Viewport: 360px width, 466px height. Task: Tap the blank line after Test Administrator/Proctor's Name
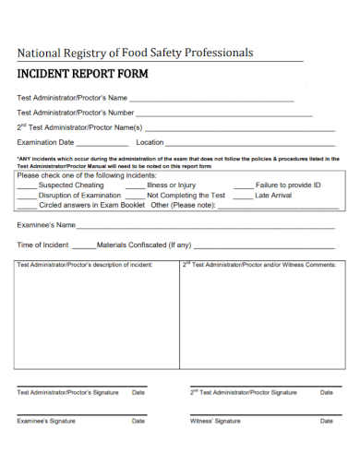(211, 98)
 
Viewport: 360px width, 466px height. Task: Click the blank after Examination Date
(102, 144)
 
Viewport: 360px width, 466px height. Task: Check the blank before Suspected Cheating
(27, 186)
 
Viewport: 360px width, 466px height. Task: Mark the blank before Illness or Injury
(134, 186)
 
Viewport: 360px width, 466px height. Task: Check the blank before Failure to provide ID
(243, 186)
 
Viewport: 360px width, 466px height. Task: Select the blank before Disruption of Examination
(27, 197)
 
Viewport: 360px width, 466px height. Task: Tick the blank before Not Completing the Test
(134, 197)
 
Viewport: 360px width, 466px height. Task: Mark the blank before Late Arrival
(243, 197)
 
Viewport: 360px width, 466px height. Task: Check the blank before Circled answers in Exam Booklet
(27, 207)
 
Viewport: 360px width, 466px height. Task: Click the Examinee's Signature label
(46, 421)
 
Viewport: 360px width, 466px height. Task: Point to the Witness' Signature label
(215, 421)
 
